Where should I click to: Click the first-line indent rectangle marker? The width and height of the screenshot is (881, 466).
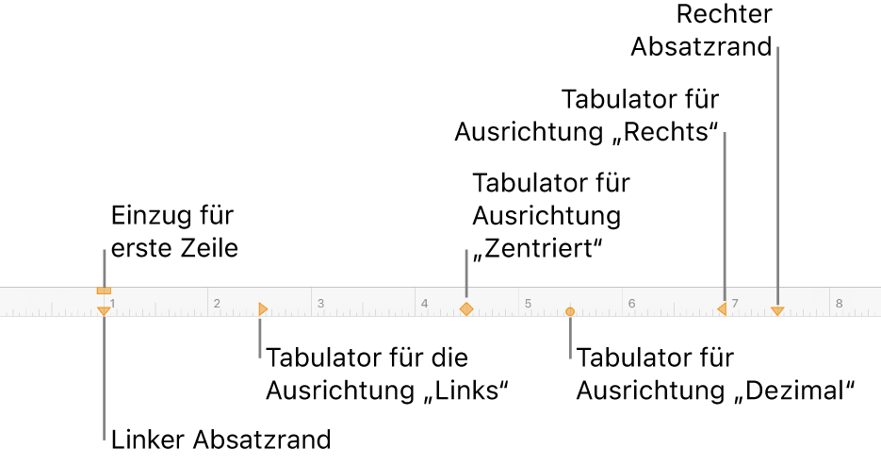[104, 290]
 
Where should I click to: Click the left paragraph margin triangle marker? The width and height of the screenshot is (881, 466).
[104, 310]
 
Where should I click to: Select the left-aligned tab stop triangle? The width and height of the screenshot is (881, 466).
[264, 308]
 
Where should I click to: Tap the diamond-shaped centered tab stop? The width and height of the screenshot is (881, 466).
[465, 308]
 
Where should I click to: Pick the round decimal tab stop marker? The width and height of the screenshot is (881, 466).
[570, 309]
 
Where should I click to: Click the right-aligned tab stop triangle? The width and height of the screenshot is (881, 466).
[722, 308]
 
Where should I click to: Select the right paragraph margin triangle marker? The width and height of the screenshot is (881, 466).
[777, 309]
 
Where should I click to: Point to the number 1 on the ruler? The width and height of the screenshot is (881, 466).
[112, 304]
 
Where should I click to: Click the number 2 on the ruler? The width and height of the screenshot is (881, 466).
[216, 304]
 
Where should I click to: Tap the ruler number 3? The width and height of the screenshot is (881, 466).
[320, 304]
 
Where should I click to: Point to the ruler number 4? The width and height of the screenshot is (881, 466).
[424, 304]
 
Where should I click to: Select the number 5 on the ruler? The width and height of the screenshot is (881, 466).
[529, 304]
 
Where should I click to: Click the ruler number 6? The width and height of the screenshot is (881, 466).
[632, 304]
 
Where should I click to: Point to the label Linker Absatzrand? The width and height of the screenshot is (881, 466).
[220, 440]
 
